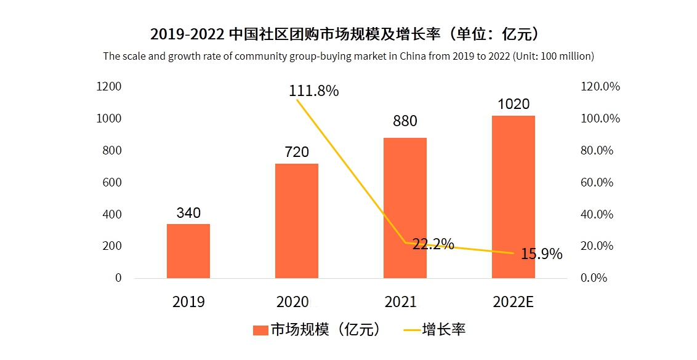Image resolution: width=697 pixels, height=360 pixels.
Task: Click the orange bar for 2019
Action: click(x=188, y=250)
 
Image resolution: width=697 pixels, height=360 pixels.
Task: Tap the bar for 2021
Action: click(x=405, y=207)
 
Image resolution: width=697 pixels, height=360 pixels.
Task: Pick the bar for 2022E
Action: click(x=513, y=196)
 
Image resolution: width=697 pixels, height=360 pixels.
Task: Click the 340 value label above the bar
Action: click(x=188, y=213)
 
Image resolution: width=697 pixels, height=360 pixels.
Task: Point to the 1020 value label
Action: click(x=513, y=104)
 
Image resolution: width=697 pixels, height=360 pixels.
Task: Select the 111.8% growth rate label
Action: click(x=314, y=91)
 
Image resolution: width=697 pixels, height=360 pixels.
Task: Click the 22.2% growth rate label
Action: click(x=433, y=244)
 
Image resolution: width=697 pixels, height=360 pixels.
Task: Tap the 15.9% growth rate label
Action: click(x=541, y=254)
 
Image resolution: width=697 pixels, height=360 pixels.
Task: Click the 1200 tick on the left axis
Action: click(x=109, y=86)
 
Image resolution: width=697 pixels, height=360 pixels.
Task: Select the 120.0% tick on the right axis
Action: click(x=600, y=86)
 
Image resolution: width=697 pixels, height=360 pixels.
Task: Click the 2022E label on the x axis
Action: click(x=513, y=302)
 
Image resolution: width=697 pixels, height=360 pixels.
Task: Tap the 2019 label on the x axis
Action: click(x=188, y=302)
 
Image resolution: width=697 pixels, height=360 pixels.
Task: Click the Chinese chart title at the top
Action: click(x=348, y=33)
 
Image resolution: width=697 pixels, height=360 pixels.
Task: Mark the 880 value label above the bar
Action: click(x=405, y=121)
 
